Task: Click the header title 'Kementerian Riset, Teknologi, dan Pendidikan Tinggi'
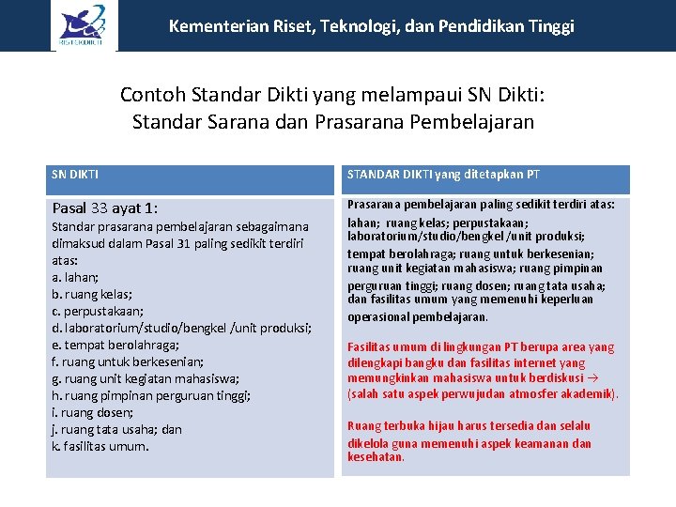(x=371, y=26)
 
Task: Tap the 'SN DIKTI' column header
(x=76, y=174)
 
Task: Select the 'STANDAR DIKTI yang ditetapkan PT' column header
(x=443, y=174)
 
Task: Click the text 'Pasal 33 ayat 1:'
(x=105, y=208)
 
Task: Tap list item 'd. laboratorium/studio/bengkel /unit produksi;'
(x=182, y=328)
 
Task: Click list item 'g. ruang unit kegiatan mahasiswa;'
(x=146, y=378)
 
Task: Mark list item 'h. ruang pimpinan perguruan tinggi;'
(x=151, y=395)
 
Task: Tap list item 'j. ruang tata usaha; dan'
(x=117, y=429)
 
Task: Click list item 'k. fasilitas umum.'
(x=100, y=446)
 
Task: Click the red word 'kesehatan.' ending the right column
(x=376, y=457)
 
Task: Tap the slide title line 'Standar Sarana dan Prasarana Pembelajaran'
(x=333, y=122)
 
